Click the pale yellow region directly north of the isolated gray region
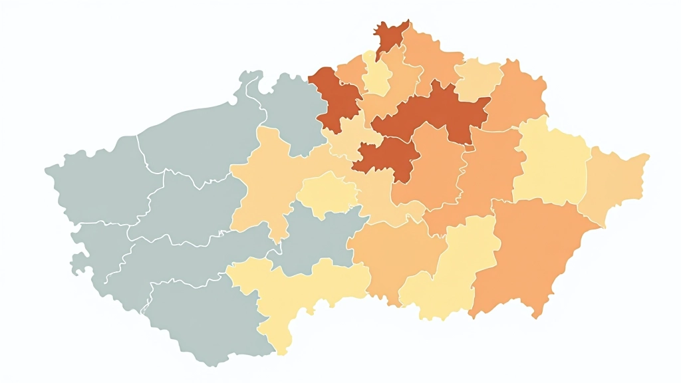coord(327,193)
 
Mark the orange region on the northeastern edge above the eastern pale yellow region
coord(519,93)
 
